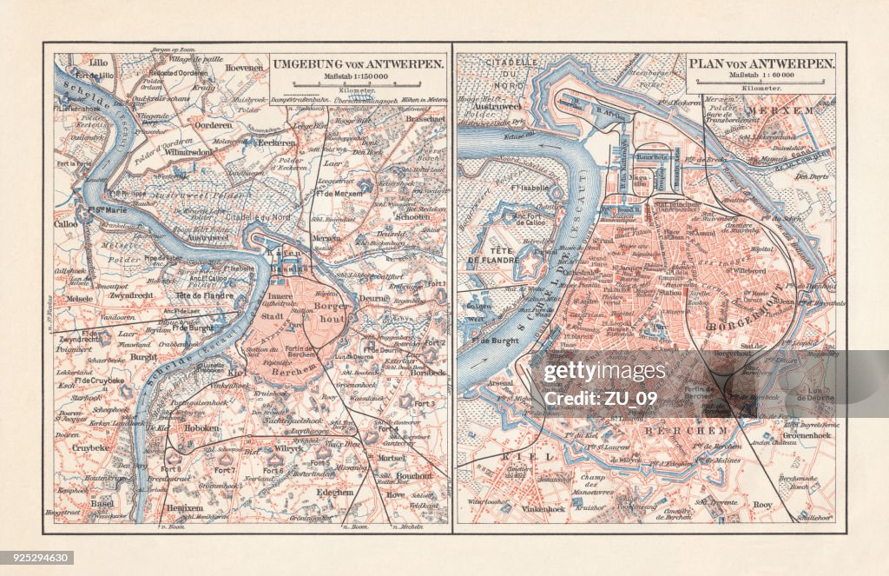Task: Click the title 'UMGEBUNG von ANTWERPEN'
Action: (359, 64)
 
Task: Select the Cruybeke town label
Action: (90, 449)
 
